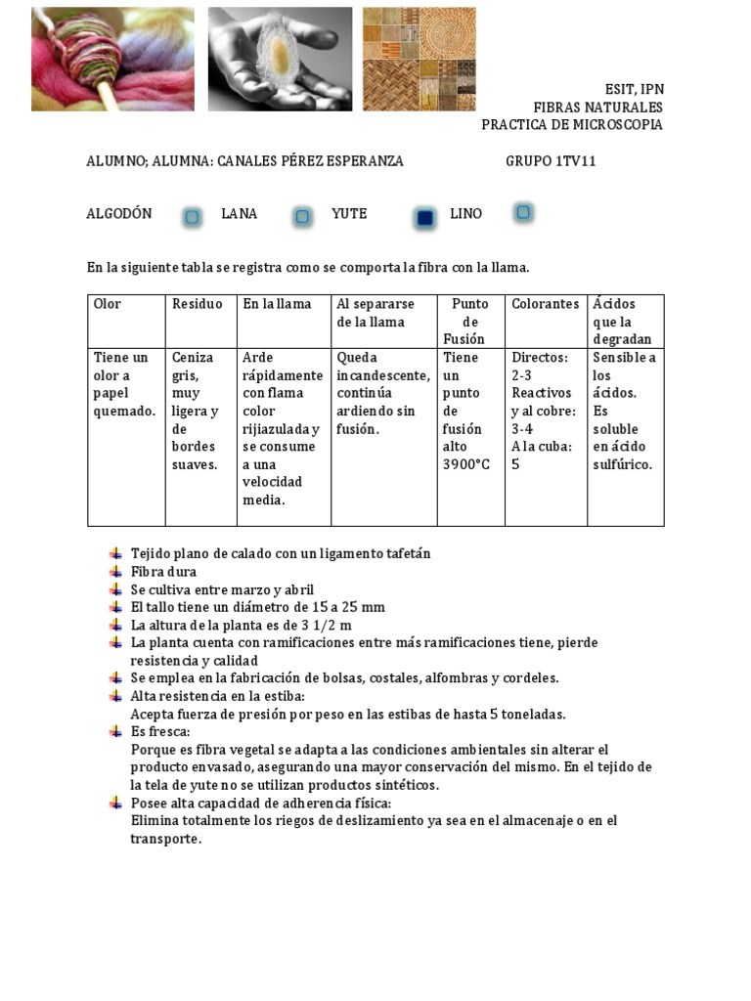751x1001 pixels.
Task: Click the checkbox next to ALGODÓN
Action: pos(193,217)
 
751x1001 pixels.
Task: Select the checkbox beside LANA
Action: pos(302,216)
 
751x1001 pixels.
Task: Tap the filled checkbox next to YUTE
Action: pos(424,218)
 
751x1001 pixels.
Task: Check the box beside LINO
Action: pos(524,212)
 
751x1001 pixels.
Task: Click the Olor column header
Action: pos(107,304)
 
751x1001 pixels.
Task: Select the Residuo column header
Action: pos(198,304)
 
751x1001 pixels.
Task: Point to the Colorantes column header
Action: pos(545,304)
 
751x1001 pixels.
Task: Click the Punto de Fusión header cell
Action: pos(470,322)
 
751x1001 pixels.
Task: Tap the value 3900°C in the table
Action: pos(466,464)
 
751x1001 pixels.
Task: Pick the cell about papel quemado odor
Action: pos(125,384)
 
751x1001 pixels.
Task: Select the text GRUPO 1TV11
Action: pos(551,161)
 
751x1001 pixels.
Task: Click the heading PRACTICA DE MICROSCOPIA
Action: pos(572,125)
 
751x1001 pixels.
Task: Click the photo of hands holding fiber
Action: pos(280,59)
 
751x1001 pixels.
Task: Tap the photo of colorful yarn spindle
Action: pos(112,59)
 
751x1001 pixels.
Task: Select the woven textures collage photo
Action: pos(420,59)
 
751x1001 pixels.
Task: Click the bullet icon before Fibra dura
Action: pos(117,571)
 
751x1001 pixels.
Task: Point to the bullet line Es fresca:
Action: pos(160,731)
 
